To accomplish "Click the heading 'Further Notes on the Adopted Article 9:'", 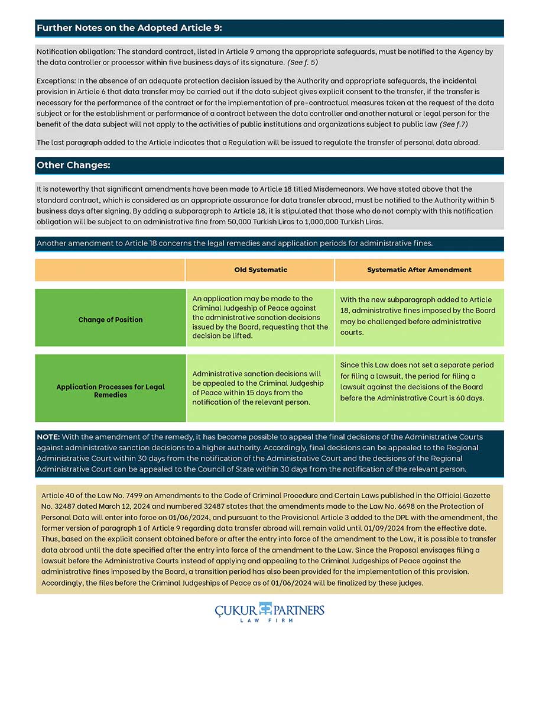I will point(129,28).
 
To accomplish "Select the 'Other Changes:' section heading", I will point(73,166).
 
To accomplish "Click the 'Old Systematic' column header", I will point(261,270).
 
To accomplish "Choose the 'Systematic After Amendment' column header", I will point(419,270).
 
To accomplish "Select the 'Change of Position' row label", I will point(111,319).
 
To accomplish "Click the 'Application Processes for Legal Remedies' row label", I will point(111,390).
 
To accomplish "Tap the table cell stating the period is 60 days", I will point(418,382).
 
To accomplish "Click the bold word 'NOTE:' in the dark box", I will point(48,437).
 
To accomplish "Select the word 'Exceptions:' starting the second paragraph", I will point(56,80).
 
